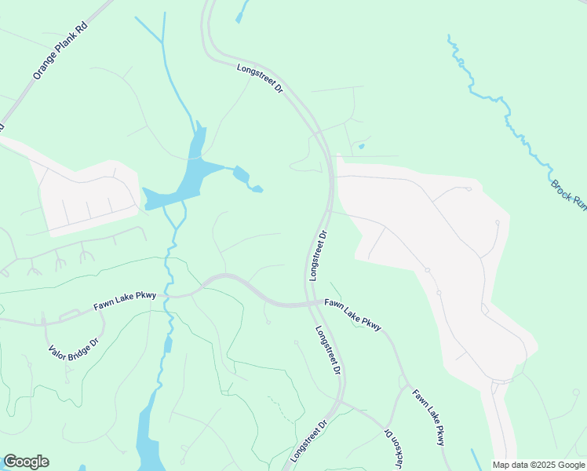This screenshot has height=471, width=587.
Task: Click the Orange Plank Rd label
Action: point(60,51)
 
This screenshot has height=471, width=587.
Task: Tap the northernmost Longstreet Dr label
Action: point(259,80)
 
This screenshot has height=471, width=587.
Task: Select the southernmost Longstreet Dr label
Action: point(308,440)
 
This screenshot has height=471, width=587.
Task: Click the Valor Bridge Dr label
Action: point(73,343)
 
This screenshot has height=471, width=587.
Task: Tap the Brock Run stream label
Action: point(568,194)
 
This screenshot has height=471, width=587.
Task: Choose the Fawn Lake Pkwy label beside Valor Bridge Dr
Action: point(125,301)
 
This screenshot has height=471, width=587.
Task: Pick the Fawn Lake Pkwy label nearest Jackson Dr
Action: point(429,418)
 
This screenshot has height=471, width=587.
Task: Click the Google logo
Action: point(26,462)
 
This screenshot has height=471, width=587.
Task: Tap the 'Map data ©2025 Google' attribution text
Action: point(538,465)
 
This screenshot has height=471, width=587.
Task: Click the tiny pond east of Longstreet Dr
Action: point(361,145)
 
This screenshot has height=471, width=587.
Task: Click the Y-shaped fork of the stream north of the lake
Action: point(162,42)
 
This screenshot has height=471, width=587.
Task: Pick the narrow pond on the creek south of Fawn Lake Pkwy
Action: point(168,343)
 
